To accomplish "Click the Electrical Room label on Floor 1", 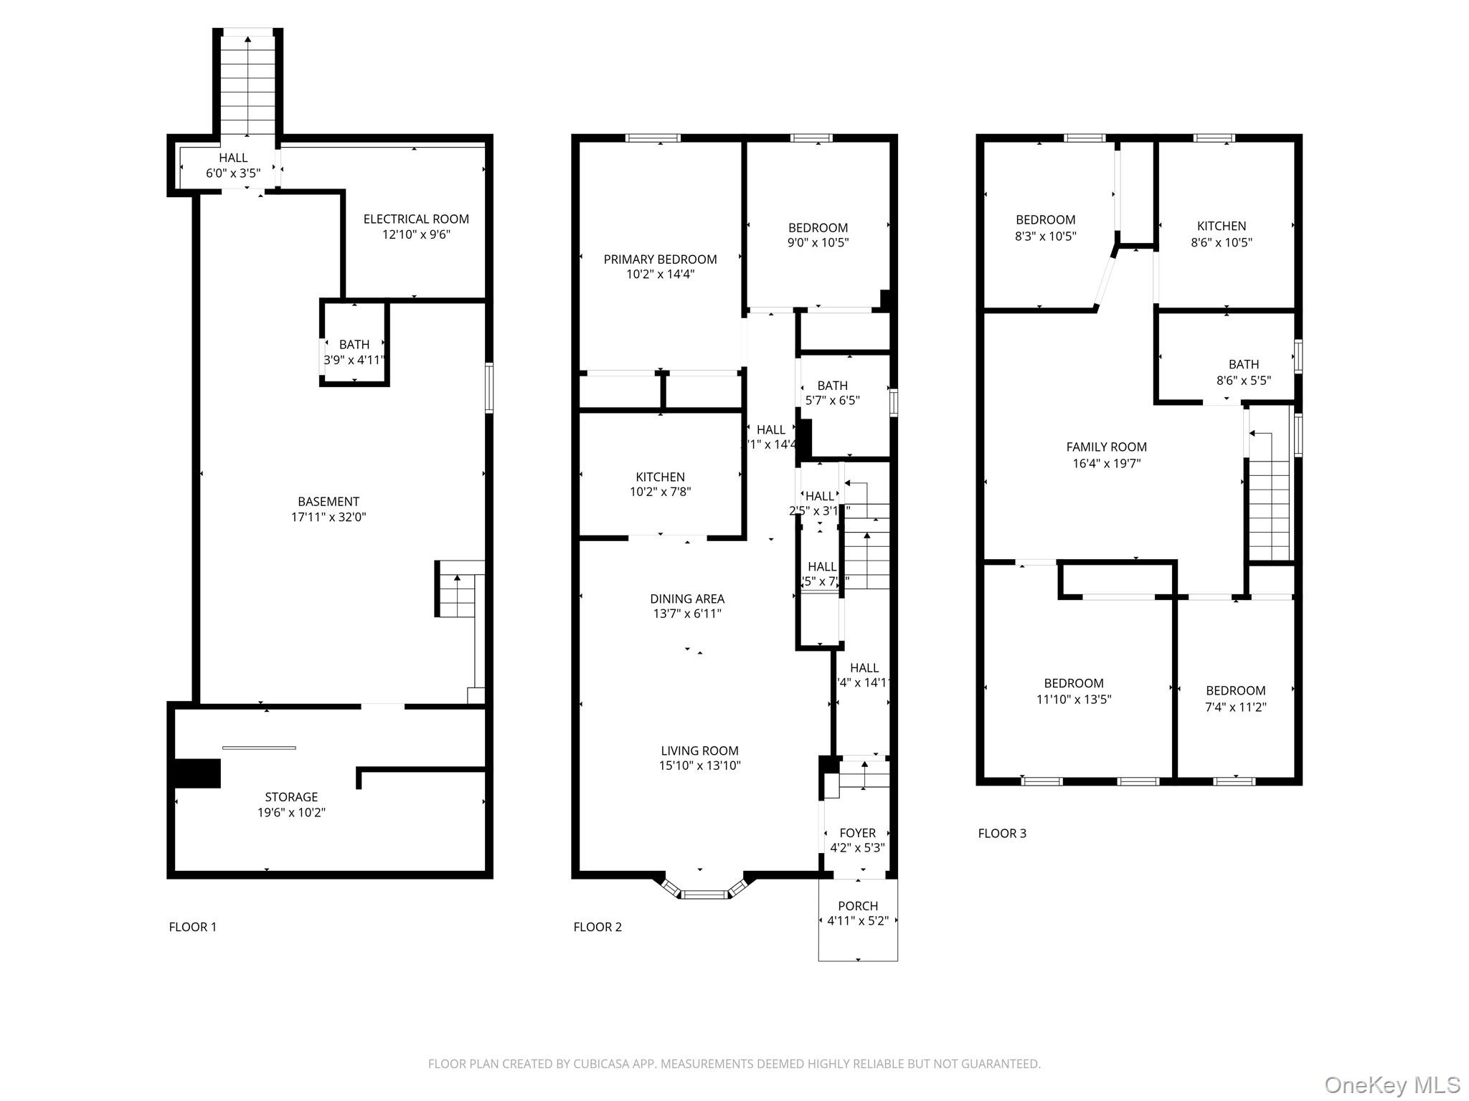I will coord(416,219).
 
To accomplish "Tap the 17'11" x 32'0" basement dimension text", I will coord(329,517).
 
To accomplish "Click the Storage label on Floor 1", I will coord(291,796).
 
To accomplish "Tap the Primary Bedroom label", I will coord(660,259).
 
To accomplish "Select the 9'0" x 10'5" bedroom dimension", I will coord(818,242).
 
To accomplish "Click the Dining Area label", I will coord(687,598).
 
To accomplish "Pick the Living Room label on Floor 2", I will coord(699,750).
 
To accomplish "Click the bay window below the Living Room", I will coord(704,893).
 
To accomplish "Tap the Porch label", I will coord(858,905).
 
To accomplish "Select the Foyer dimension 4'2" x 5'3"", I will coord(857,847).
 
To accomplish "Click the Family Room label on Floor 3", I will coord(1106,447).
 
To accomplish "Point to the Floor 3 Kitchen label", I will coord(1222,226).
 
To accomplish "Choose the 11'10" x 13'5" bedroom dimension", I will coord(1074,699).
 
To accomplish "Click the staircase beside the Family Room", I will coord(1270,502).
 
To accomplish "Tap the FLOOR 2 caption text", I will coord(597,927).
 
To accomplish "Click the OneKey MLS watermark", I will coord(1392,1085).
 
